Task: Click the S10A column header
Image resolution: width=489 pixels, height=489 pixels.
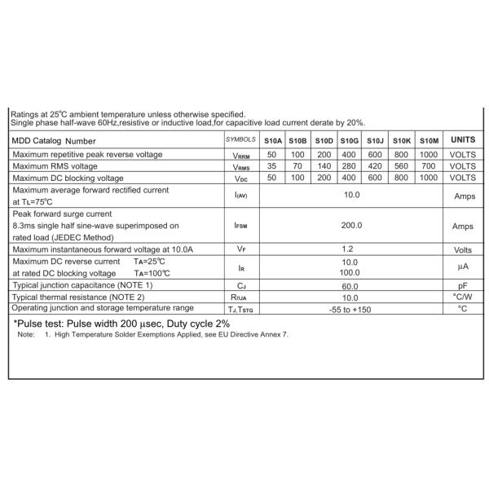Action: (273, 140)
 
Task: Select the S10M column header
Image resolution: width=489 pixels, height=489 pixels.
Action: (429, 140)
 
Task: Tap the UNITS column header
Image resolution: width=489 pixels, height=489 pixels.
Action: (463, 140)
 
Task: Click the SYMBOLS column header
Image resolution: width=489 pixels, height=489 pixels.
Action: (240, 140)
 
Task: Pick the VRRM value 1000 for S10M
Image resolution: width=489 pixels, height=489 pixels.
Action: (429, 154)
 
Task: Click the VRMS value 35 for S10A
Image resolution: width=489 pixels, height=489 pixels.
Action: (273, 165)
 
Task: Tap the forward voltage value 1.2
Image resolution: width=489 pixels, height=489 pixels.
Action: (350, 249)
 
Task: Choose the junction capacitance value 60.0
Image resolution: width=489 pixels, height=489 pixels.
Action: (350, 286)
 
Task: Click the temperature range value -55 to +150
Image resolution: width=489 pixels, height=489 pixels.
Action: (350, 309)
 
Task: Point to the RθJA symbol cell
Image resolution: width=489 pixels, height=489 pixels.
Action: (240, 297)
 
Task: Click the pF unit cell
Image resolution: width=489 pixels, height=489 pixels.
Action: (462, 286)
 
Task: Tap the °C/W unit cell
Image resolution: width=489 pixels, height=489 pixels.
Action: (462, 297)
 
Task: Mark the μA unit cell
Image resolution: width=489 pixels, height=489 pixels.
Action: (462, 267)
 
